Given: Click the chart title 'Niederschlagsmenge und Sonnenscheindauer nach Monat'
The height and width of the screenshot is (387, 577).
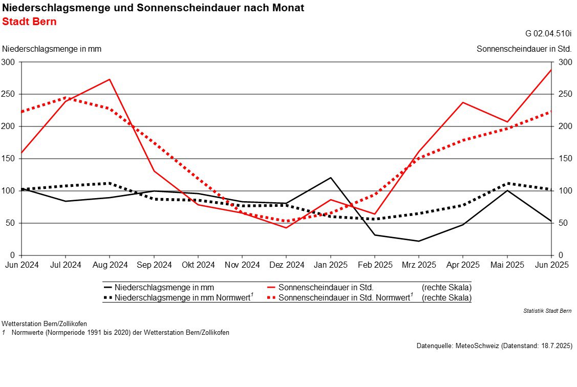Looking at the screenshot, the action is [153, 8].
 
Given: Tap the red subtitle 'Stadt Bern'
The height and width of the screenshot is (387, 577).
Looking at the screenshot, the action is [30, 21].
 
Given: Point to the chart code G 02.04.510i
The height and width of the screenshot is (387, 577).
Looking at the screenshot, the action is [548, 33].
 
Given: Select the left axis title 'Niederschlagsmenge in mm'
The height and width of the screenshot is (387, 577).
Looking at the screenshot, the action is [52, 49].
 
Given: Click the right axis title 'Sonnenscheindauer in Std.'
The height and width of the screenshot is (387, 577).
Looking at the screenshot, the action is [524, 49].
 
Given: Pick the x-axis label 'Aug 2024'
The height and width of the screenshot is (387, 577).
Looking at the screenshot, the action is [110, 265].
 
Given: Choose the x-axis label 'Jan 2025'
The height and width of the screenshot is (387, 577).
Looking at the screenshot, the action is [330, 265].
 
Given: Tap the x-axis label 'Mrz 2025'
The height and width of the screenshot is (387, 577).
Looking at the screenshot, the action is [419, 265].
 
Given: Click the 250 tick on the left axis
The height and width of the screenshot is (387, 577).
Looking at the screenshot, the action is [8, 94].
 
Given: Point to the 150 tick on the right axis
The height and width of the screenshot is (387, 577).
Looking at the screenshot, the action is [565, 159].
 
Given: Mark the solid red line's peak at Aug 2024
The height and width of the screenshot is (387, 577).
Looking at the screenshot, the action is [110, 79].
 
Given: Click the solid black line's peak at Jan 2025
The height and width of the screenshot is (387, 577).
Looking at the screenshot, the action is [330, 178].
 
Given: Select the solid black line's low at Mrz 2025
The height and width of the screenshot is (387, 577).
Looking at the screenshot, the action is [419, 241].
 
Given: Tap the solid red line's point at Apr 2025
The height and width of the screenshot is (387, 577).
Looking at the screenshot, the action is [463, 102].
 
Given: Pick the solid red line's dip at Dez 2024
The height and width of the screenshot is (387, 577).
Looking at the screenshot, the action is [286, 228].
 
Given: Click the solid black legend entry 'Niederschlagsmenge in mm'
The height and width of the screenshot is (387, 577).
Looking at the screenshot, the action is [159, 287].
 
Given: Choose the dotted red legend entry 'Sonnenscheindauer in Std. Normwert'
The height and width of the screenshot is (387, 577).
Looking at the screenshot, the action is [340, 297].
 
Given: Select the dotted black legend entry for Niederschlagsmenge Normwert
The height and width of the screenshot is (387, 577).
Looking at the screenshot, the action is [179, 297].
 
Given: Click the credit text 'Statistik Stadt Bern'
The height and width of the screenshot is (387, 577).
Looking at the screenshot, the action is [548, 311].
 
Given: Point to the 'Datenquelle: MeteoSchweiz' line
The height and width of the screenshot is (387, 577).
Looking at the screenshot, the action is [495, 346].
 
